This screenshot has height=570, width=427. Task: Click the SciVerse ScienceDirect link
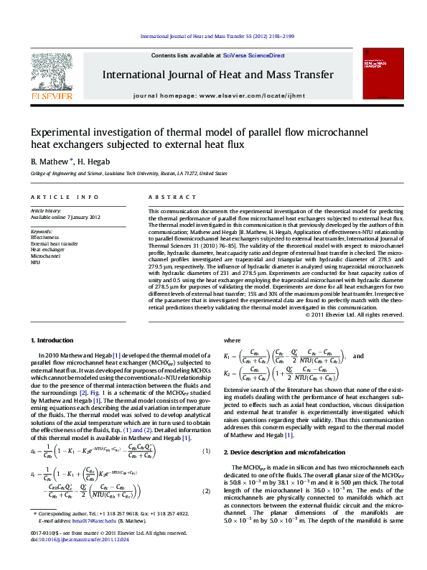click(x=254, y=55)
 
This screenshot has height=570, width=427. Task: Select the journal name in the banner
click(x=217, y=75)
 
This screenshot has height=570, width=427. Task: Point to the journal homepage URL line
click(x=217, y=95)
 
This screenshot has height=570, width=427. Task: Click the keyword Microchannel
click(x=45, y=256)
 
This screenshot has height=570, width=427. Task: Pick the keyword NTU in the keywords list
click(x=35, y=262)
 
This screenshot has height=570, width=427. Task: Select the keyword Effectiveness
click(x=45, y=236)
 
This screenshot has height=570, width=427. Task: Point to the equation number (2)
click(x=206, y=490)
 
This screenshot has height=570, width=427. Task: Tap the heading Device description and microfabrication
click(x=283, y=451)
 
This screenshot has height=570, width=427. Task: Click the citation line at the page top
click(x=217, y=36)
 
